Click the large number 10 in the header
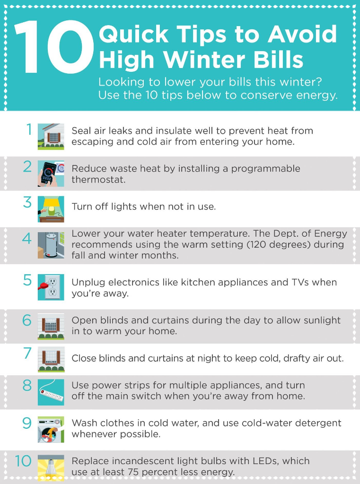(54, 47)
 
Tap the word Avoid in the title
(302, 34)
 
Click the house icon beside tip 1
(51, 137)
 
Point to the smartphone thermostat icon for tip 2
(51, 173)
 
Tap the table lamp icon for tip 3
(51, 209)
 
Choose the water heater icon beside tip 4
(51, 245)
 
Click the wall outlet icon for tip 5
(51, 287)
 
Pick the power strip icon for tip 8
(51, 392)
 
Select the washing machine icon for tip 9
(51, 430)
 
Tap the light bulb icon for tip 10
(51, 467)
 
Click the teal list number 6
(27, 320)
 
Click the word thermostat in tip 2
(98, 180)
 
